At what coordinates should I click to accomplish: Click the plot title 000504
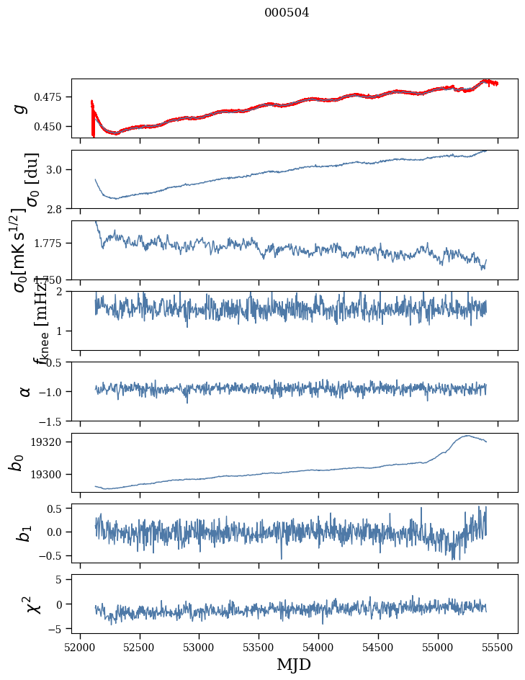pyautogui.click(x=287, y=12)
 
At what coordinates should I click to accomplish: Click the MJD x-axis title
pyautogui.click(x=294, y=664)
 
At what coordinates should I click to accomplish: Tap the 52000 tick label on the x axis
pyautogui.click(x=80, y=646)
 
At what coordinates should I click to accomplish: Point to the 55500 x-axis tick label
pyautogui.click(x=498, y=646)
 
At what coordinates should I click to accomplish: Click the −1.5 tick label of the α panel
pyautogui.click(x=54, y=421)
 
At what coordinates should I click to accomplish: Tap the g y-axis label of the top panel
pyautogui.click(x=21, y=108)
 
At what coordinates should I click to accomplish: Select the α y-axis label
pyautogui.click(x=25, y=391)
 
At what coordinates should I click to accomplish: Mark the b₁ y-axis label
pyautogui.click(x=24, y=533)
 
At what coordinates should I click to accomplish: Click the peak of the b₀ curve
pyautogui.click(x=467, y=435)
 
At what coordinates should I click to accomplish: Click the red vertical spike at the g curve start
pyautogui.click(x=93, y=119)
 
